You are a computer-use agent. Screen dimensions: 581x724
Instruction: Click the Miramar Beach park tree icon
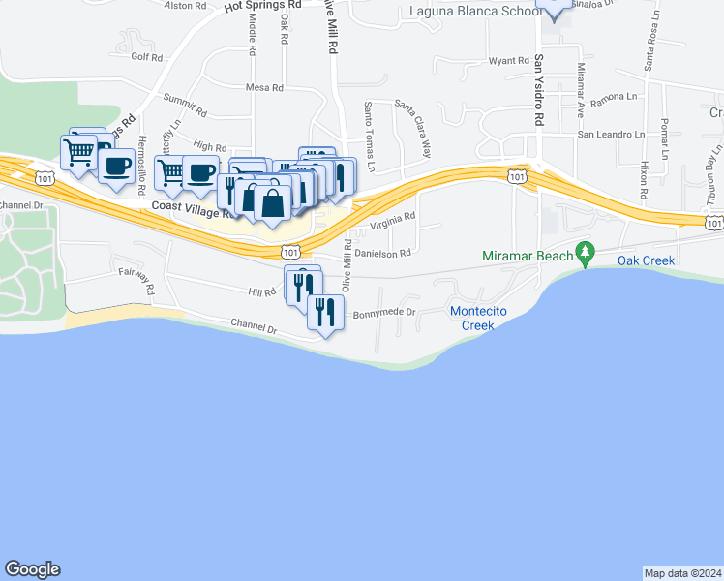584,254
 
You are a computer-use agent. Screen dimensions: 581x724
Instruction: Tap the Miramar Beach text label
528,257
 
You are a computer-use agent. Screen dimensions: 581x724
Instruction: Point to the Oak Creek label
648,260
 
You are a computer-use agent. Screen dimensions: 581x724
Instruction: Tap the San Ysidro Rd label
538,89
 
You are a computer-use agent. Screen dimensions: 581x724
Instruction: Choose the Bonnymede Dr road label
383,313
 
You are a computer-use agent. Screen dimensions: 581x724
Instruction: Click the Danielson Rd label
383,253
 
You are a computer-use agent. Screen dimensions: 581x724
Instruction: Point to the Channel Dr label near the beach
254,327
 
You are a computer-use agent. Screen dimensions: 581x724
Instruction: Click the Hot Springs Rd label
262,5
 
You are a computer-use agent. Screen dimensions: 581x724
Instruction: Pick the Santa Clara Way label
413,128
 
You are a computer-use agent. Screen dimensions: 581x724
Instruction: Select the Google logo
32,569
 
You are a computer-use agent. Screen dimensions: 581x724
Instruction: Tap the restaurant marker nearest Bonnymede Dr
325,311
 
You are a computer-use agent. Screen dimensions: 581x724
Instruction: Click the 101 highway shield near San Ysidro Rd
518,175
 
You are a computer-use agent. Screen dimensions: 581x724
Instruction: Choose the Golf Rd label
147,57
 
